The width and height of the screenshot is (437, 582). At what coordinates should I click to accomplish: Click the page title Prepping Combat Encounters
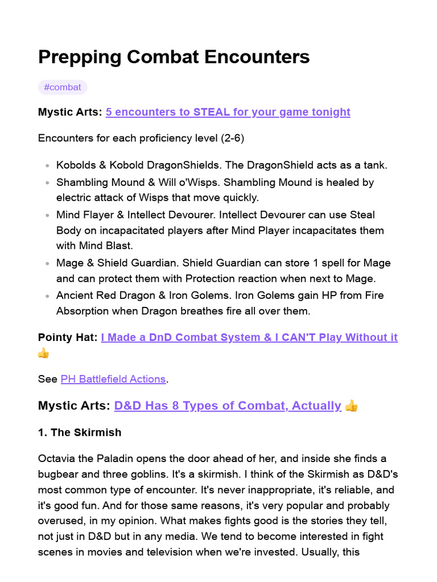[174, 57]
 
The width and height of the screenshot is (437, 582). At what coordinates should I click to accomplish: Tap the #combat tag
[63, 88]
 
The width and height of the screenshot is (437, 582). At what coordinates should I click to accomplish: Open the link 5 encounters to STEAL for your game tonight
[228, 112]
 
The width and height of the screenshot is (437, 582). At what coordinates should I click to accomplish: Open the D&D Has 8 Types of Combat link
[228, 406]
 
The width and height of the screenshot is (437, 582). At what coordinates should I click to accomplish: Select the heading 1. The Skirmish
[80, 433]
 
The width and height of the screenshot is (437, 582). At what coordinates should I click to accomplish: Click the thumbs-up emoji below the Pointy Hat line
[44, 353]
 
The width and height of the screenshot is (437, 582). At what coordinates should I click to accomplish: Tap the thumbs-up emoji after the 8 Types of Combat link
[352, 406]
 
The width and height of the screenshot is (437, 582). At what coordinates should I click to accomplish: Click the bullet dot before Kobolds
[47, 166]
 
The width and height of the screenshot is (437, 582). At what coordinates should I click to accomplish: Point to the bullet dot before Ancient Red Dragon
[47, 296]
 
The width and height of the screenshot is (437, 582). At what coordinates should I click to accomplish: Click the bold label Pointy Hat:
[67, 337]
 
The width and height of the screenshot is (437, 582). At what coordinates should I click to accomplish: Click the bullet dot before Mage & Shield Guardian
[47, 264]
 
